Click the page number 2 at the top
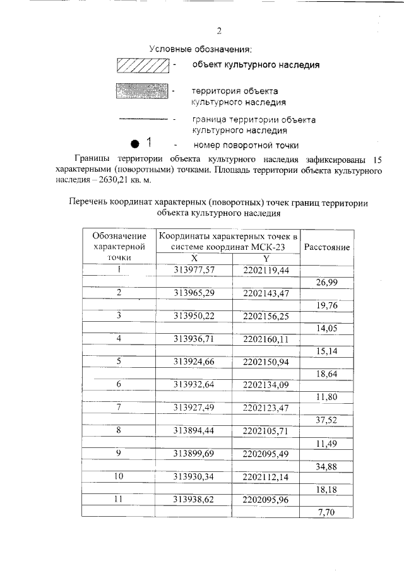219,31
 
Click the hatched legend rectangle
143,65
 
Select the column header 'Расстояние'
327,248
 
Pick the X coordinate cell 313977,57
195,270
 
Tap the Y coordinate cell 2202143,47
266,293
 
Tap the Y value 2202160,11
266,339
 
